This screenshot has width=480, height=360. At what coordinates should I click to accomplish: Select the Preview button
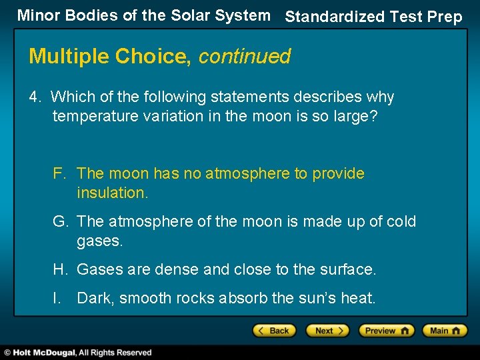[386, 331]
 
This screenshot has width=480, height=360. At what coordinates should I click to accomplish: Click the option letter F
[59, 174]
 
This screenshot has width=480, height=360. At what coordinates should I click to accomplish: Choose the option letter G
[59, 222]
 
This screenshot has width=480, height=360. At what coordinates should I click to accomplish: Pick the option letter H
[59, 270]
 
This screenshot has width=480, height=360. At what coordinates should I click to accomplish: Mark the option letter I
[57, 299]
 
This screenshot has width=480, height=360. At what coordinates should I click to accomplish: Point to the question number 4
[34, 97]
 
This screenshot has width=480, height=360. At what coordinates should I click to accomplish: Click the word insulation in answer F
[111, 193]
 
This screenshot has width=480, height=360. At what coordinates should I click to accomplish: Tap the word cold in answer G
[399, 222]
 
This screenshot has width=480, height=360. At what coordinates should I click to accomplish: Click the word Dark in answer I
[95, 299]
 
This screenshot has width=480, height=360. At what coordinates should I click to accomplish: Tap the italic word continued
[245, 57]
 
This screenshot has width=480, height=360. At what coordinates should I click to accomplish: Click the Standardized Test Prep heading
[373, 17]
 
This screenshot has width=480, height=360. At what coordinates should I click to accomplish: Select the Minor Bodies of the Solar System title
[143, 15]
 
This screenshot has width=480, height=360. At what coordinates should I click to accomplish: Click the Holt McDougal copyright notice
[77, 353]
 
